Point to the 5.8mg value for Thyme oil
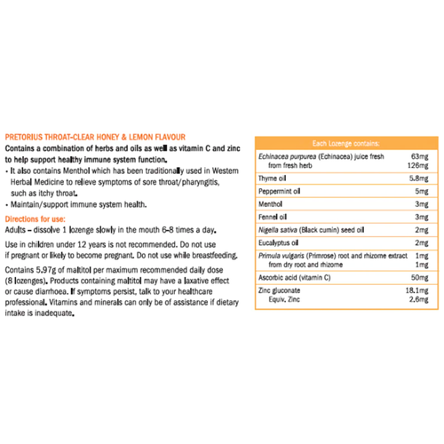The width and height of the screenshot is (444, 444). (419, 178)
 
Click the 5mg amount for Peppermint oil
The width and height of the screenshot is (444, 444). (422, 190)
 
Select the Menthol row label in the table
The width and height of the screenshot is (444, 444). (271, 202)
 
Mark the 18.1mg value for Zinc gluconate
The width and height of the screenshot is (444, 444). (417, 290)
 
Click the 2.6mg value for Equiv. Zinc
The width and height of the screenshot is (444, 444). (419, 300)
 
